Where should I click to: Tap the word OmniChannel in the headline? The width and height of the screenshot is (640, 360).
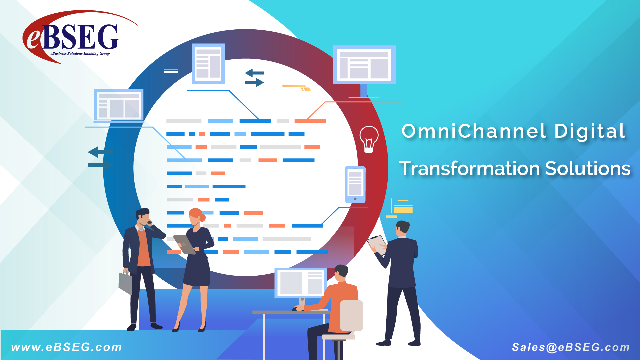[x=474, y=131]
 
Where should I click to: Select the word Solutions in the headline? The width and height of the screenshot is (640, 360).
[x=588, y=168]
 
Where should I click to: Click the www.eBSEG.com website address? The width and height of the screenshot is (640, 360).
[x=67, y=347]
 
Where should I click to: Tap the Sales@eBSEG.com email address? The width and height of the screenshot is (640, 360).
[x=571, y=347]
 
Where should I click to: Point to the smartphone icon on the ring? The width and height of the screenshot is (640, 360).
[x=355, y=185]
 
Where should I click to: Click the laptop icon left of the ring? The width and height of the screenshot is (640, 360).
[x=119, y=106]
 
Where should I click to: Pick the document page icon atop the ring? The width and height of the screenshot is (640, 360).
[x=208, y=64]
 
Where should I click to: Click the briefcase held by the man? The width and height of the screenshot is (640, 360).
[x=125, y=283]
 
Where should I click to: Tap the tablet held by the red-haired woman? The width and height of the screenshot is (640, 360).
[x=184, y=244]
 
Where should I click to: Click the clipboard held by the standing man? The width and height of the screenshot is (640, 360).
[x=377, y=245]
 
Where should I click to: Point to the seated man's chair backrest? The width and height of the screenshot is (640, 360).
[x=351, y=315]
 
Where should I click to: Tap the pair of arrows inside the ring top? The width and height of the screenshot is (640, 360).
[x=254, y=78]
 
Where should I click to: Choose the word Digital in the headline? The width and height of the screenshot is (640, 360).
[x=590, y=131]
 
